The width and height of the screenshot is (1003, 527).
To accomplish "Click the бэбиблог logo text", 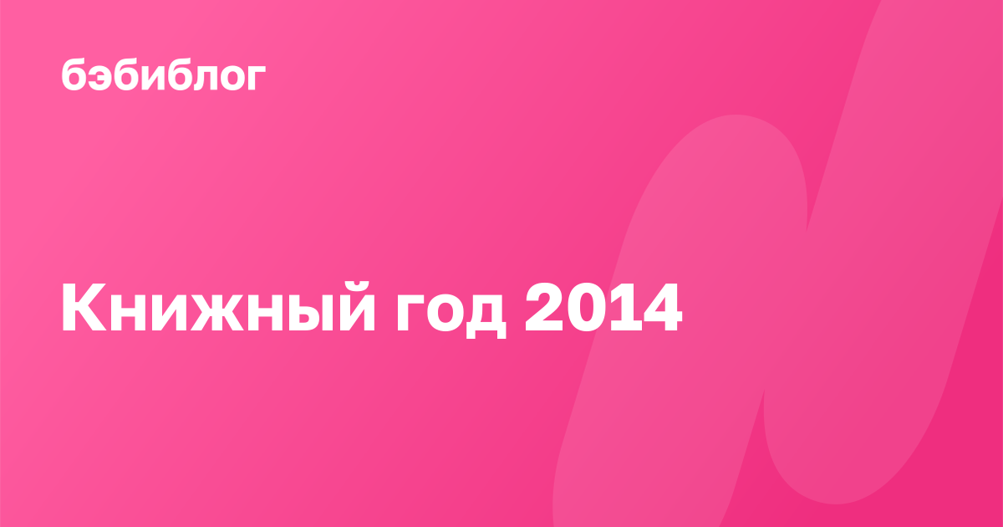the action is (164, 74).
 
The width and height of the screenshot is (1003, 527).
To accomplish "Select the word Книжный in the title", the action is (218, 308).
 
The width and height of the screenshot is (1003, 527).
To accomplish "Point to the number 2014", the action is (603, 308).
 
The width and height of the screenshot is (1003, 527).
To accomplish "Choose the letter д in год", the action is (486, 316).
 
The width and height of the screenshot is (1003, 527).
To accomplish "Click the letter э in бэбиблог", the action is (101, 77).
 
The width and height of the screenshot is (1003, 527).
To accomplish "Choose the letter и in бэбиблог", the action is (155, 78).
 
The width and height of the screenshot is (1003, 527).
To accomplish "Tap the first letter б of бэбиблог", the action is (74, 74).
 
